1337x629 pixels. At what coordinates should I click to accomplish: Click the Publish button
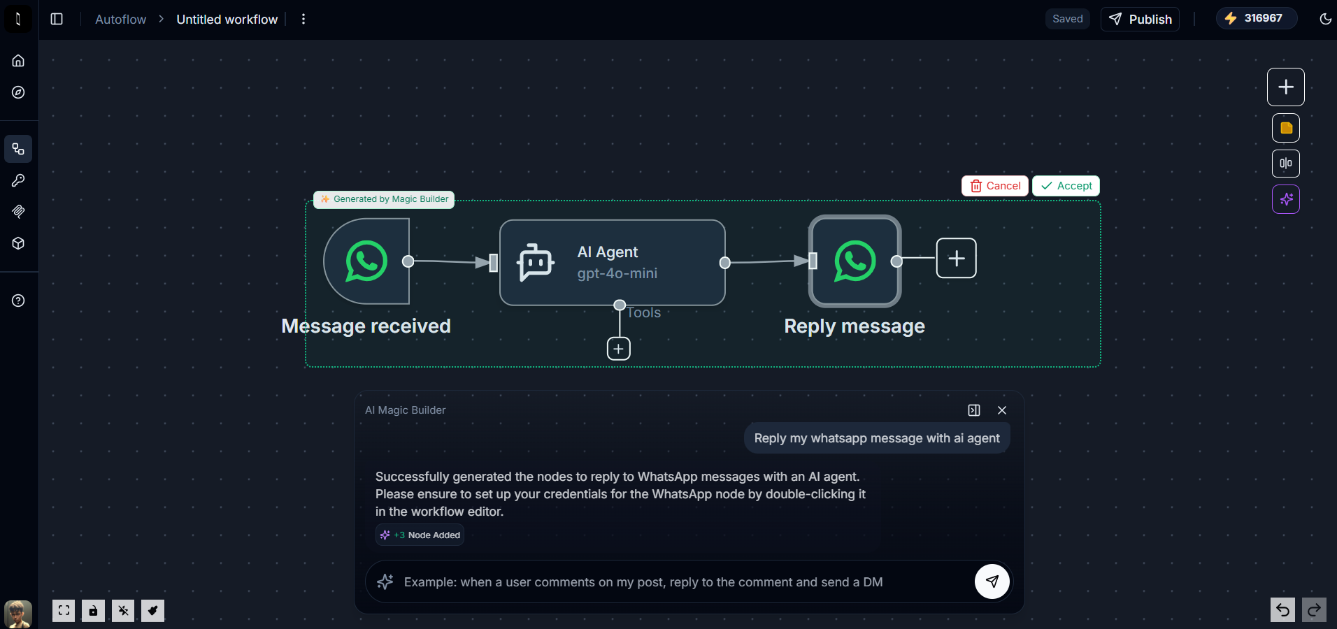point(1140,19)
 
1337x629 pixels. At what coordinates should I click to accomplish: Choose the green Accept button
point(1066,186)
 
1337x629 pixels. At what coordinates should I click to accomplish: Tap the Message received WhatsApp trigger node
point(366,261)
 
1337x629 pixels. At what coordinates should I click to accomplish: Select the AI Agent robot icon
point(536,263)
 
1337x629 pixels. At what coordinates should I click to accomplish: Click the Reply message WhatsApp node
point(855,261)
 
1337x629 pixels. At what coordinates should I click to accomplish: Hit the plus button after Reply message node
point(956,259)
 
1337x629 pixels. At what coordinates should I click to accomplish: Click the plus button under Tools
point(619,348)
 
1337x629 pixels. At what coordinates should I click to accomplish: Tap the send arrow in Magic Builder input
point(992,581)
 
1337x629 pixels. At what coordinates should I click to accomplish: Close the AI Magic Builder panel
point(1002,410)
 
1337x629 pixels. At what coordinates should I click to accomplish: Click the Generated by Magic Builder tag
point(384,199)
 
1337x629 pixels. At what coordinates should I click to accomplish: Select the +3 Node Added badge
point(420,535)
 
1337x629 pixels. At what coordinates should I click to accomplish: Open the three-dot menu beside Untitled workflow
point(303,19)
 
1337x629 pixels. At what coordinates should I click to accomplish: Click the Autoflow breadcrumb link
point(120,20)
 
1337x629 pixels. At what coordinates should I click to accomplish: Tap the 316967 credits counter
point(1256,18)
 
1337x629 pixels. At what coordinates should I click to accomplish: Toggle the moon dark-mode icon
point(1325,19)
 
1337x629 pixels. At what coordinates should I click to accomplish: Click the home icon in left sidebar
point(18,61)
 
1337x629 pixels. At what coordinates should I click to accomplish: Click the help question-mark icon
point(18,301)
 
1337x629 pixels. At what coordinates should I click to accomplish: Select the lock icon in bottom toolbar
point(93,611)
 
